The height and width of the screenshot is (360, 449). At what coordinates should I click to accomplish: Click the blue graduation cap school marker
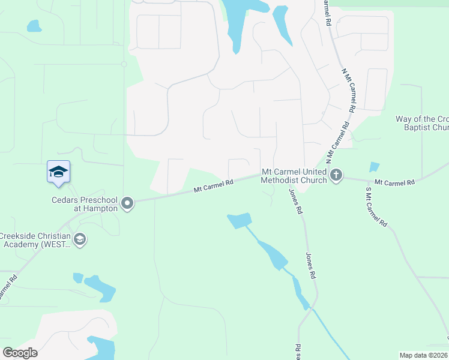[x=58, y=172]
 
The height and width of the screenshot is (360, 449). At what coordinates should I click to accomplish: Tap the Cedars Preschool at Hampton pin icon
[x=127, y=204]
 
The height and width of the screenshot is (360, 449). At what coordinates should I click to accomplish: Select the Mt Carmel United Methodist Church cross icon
[x=336, y=176]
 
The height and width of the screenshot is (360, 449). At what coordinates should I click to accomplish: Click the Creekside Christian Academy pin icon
[x=80, y=240]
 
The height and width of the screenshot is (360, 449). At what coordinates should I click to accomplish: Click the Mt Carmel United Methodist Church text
[x=294, y=175]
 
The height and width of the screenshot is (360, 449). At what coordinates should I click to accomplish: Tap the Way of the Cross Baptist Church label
[x=422, y=123]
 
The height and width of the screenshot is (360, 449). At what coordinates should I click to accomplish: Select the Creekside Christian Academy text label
[x=34, y=240]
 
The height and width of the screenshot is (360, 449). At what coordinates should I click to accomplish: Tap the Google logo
[x=20, y=353]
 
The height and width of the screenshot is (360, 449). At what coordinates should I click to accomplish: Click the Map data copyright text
[x=424, y=355]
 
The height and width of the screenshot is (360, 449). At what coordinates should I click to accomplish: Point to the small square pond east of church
[x=375, y=167]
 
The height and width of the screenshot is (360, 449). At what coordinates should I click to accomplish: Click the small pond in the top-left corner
[x=34, y=26]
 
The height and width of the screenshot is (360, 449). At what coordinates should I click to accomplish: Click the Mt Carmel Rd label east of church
[x=394, y=181]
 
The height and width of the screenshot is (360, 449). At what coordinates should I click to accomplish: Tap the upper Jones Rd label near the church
[x=294, y=202]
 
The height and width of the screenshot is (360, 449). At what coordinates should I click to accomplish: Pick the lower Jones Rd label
[x=311, y=266]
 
